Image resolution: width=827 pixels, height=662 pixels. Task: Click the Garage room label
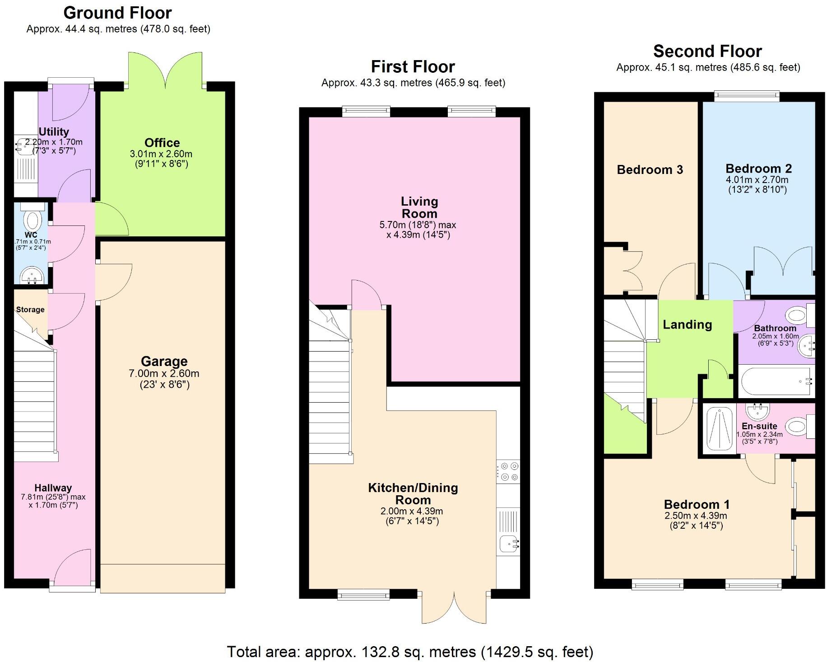[x=164, y=362]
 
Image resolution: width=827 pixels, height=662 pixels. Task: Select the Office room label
[x=162, y=143]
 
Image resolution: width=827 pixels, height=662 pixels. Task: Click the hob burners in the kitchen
[x=509, y=471]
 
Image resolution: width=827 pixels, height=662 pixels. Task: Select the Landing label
[x=687, y=324]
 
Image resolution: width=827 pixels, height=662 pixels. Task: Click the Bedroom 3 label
[x=650, y=170]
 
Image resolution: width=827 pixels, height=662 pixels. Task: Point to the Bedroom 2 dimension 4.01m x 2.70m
[x=757, y=180]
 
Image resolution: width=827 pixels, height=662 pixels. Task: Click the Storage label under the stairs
[x=30, y=310]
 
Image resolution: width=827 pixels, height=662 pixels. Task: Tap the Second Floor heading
[x=707, y=51]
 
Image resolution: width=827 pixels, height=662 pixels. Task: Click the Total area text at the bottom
[x=409, y=652]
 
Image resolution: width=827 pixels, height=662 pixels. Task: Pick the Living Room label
[x=419, y=207]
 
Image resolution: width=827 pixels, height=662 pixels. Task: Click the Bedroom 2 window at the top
[x=747, y=95]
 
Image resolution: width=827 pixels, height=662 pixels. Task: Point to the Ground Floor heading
[x=117, y=13]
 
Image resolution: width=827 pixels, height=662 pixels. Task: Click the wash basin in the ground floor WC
[x=32, y=275]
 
